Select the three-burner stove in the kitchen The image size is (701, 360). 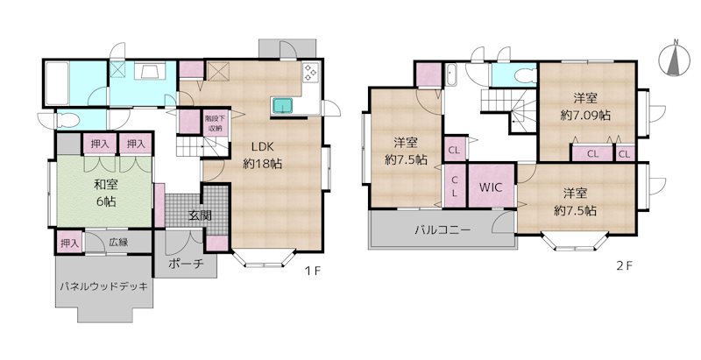(x=311, y=74)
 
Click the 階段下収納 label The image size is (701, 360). (x=214, y=122)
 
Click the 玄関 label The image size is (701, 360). (x=199, y=215)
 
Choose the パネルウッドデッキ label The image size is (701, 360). (x=103, y=286)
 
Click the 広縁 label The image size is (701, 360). (x=120, y=241)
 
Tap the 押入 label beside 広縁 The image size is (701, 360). (x=69, y=242)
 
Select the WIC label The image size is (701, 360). (x=490, y=187)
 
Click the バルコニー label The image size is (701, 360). (x=443, y=230)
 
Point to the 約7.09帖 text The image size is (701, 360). (x=585, y=115)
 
